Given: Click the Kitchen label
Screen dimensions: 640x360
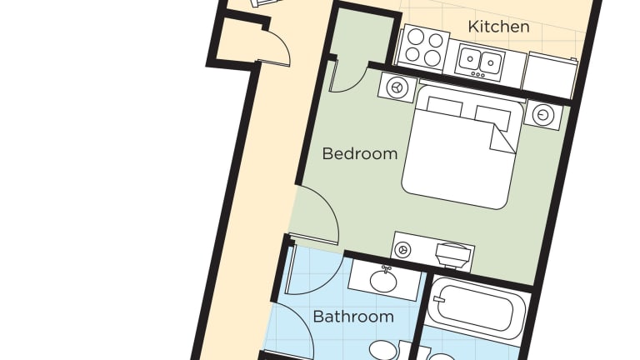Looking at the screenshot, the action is tap(499, 27).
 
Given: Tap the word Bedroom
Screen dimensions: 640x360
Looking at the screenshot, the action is tap(360, 154).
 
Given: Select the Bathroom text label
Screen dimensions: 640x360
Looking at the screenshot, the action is tap(353, 317).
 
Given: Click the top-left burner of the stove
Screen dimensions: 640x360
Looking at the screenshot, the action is tap(416, 36).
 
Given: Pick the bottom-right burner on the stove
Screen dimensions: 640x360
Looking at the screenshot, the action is tap(432, 57).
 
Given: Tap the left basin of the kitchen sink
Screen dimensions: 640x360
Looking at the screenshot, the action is tap(470, 59).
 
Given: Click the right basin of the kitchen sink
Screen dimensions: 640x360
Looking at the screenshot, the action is tap(491, 62).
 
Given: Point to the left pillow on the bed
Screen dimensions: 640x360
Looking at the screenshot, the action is tap(444, 107).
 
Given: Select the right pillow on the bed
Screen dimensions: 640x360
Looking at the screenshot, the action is tap(492, 117).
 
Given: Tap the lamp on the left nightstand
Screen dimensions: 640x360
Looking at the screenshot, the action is tap(397, 87).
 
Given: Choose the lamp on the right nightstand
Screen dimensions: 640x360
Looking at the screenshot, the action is tap(542, 115).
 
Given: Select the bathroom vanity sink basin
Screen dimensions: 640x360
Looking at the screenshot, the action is tap(383, 280).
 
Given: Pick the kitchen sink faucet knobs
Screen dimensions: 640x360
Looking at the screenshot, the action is tap(477, 75).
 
